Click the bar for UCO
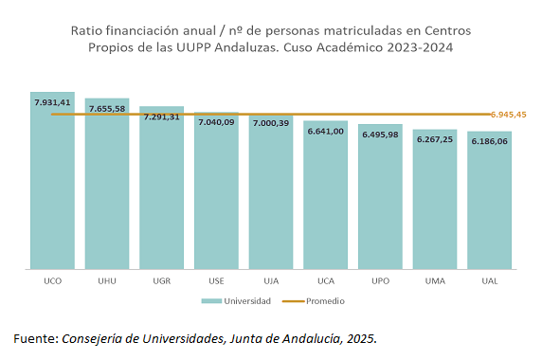(x=52, y=189)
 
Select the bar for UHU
(x=107, y=189)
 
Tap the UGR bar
(x=161, y=189)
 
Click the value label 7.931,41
(x=52, y=101)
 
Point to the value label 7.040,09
(x=216, y=122)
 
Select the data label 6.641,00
(x=325, y=131)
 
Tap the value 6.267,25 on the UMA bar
(x=435, y=138)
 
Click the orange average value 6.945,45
(x=508, y=114)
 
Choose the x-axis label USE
(x=216, y=281)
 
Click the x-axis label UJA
(x=271, y=281)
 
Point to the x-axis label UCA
(x=325, y=281)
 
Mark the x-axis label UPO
(x=380, y=281)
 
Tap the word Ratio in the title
(x=87, y=31)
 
